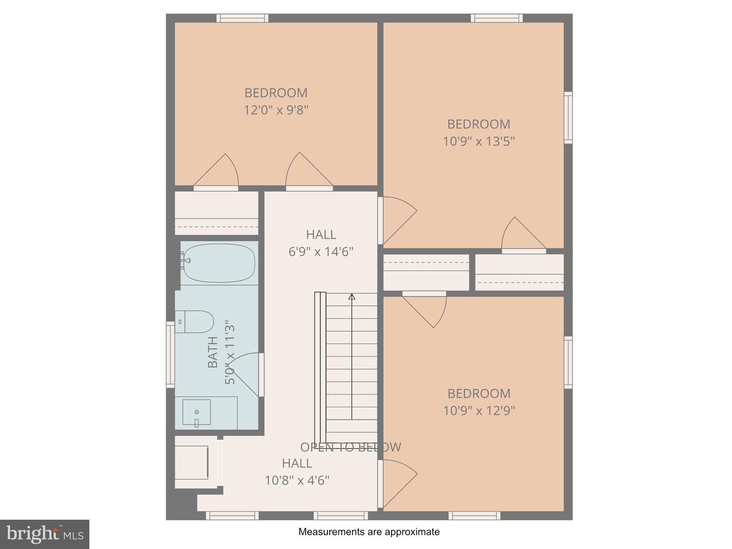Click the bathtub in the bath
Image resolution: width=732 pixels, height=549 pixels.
(x=219, y=263)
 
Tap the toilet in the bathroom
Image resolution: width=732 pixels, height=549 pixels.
(x=195, y=322)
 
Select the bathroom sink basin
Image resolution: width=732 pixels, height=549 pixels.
(x=197, y=412)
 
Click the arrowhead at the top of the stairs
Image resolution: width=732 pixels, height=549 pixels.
(x=352, y=297)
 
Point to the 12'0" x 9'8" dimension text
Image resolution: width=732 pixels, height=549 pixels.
(x=276, y=110)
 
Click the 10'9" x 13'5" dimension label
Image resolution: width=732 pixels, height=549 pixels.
(x=479, y=142)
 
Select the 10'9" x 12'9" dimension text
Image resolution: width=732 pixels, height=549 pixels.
(x=479, y=411)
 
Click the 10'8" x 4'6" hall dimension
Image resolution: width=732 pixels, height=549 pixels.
(x=297, y=480)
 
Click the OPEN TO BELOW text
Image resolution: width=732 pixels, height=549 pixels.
(x=350, y=447)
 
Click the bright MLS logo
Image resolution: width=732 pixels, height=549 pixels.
(x=44, y=534)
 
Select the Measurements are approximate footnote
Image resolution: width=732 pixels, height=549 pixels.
(x=369, y=532)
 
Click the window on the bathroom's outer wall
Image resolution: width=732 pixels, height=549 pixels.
(x=170, y=355)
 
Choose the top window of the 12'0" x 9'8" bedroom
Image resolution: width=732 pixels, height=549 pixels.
(x=243, y=18)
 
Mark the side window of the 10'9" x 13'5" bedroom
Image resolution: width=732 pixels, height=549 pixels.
(x=568, y=118)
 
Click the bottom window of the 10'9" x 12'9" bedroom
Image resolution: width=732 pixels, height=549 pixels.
(x=474, y=515)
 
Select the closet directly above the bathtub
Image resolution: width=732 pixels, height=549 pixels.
(x=217, y=213)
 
